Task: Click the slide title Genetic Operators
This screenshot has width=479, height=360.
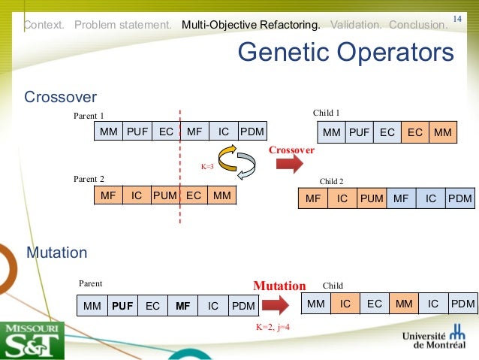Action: click(x=345, y=53)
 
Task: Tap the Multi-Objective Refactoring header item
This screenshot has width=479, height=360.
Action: click(x=251, y=25)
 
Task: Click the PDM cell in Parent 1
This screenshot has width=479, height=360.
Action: click(x=252, y=132)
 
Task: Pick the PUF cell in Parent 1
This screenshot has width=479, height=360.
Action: click(x=137, y=132)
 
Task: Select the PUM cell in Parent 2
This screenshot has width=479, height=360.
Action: click(x=165, y=195)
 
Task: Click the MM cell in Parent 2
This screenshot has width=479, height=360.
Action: click(x=221, y=195)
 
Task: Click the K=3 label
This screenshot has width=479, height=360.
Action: click(x=207, y=166)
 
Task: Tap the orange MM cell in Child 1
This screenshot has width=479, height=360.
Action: click(x=442, y=133)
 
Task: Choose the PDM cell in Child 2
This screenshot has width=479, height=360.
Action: click(x=459, y=199)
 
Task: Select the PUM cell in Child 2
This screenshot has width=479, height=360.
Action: click(x=371, y=199)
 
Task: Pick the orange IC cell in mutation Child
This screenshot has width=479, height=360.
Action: click(x=345, y=304)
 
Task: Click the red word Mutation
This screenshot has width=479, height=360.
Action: click(x=279, y=286)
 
